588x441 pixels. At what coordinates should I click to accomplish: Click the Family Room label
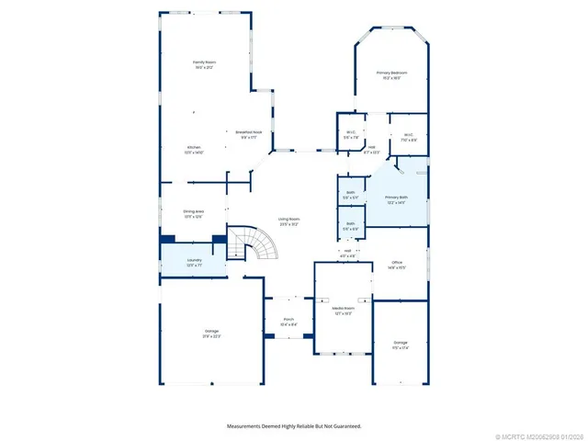204,65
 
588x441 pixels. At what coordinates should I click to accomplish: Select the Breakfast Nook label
250,132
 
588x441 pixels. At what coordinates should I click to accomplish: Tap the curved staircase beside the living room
251,245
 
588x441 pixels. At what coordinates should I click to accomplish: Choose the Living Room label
289,220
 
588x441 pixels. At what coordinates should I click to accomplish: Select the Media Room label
343,310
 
